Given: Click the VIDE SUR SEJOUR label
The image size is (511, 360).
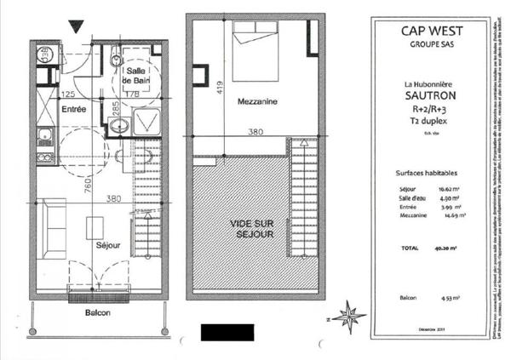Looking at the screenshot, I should pos(253,229).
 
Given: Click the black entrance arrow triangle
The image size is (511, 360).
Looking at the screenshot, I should pos(78,26).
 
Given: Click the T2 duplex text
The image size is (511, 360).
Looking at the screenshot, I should pos(430,123).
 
